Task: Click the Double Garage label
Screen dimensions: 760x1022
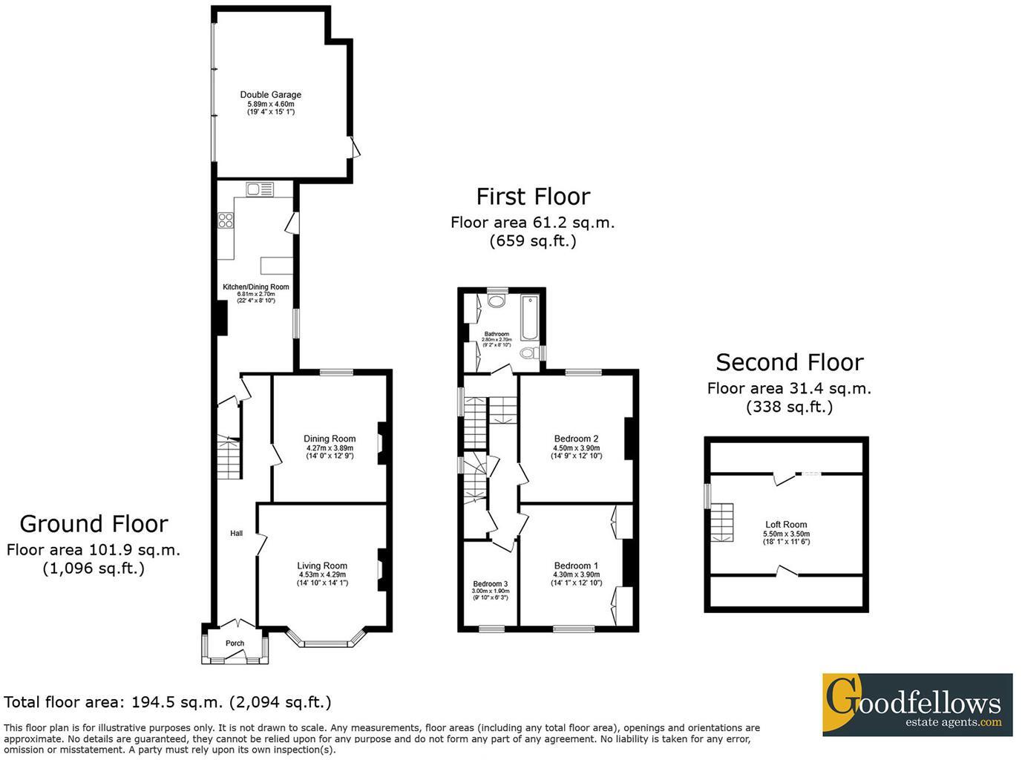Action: click(x=270, y=95)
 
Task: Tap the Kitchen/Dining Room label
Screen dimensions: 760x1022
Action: click(x=256, y=287)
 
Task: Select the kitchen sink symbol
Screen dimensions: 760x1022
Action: click(x=260, y=189)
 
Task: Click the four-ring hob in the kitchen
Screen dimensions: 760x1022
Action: click(x=226, y=220)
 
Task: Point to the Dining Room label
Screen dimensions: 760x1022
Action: click(x=330, y=439)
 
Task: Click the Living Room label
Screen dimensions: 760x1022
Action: click(x=322, y=566)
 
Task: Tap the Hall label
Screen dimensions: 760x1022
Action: click(x=236, y=533)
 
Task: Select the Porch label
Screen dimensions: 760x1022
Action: click(x=235, y=643)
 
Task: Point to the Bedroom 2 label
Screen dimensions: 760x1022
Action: click(x=576, y=439)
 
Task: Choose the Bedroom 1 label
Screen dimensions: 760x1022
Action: click(x=576, y=566)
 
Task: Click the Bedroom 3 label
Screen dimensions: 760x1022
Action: click(x=491, y=584)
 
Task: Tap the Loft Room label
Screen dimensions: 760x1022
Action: click(x=786, y=525)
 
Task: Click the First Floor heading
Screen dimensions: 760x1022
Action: click(x=533, y=197)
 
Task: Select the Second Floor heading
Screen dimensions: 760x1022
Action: click(x=789, y=362)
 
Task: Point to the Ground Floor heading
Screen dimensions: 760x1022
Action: click(x=94, y=524)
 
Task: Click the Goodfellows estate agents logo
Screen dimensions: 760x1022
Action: click(x=917, y=704)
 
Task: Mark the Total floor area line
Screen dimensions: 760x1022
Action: click(x=168, y=702)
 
